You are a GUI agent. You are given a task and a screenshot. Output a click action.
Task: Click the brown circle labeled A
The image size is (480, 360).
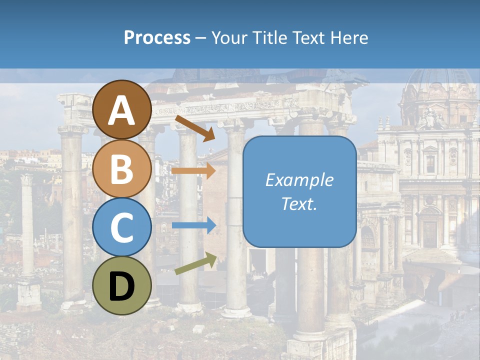(122, 109)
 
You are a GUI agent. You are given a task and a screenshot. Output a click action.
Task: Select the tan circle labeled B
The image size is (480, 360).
(122, 168)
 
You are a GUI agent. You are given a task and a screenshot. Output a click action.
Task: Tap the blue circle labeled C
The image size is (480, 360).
(122, 227)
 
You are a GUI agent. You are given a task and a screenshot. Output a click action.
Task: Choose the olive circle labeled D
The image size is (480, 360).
(122, 285)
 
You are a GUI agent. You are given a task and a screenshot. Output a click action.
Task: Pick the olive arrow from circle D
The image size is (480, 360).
(195, 263)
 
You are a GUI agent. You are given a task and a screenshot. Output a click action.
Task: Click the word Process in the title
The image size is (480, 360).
(157, 37)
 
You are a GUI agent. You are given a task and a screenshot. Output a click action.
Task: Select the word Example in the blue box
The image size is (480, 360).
(299, 180)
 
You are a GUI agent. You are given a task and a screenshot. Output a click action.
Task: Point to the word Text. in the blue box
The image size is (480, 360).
(299, 203)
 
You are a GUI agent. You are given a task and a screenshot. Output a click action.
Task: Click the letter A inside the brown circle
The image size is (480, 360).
(122, 110)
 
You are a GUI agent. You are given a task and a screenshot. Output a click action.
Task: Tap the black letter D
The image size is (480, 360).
(122, 286)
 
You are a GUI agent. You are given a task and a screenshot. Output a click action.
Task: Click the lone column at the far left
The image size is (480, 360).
(27, 225)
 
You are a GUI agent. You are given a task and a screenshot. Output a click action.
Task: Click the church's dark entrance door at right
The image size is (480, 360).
(429, 233)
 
